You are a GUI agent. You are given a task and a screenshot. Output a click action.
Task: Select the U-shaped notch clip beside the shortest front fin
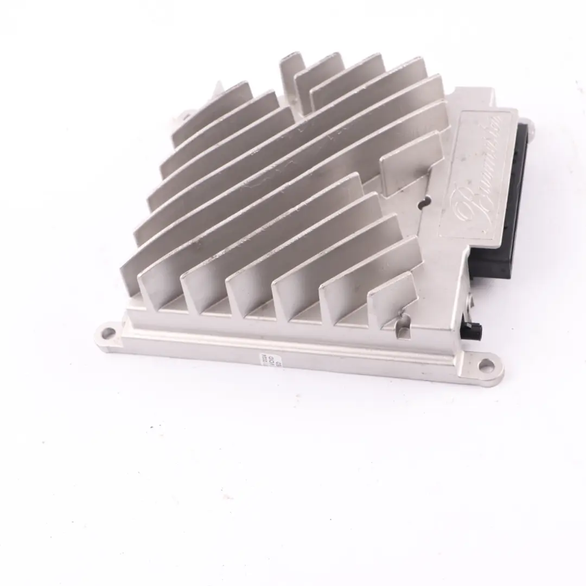[404, 325]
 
